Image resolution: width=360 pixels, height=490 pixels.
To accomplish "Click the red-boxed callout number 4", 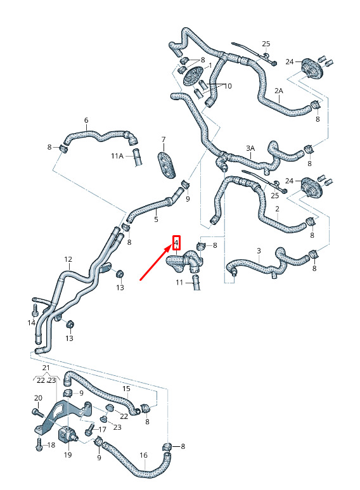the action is [x=177, y=243].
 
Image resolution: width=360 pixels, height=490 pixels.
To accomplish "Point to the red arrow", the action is [x=156, y=262].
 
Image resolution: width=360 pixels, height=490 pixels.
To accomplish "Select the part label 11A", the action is [x=117, y=156].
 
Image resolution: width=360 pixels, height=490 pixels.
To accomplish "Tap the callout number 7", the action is [x=164, y=139].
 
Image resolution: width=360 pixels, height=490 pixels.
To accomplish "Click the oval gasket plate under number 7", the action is [x=167, y=164].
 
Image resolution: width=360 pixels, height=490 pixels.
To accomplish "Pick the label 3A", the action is [x=250, y=148].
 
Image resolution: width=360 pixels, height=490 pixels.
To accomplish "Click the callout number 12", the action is [x=68, y=259].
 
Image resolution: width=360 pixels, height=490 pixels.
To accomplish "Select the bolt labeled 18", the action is [x=39, y=444].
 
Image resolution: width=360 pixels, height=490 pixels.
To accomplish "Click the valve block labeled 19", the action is [x=67, y=434].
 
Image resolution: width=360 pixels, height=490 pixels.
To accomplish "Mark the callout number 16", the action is [x=143, y=455].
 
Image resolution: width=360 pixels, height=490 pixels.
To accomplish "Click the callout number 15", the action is [x=126, y=389].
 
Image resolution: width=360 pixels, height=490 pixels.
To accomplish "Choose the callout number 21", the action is [x=46, y=368].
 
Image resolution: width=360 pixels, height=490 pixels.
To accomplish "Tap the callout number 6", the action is [x=86, y=120].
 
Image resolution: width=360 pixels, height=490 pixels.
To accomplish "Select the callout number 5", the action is [x=157, y=219].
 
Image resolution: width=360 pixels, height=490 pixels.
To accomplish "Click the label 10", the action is [x=228, y=86].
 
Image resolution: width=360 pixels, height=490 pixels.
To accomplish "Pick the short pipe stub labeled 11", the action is [x=196, y=283].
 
